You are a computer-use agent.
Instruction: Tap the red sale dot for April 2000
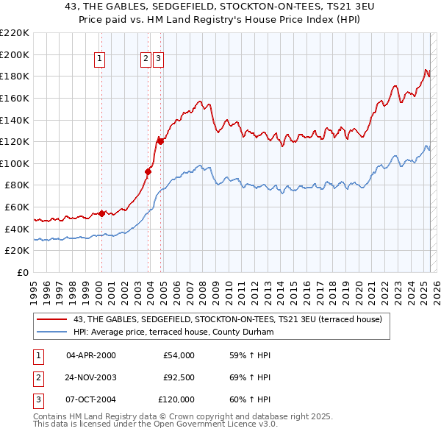click(x=101, y=213)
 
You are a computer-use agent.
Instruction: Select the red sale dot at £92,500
click(x=148, y=171)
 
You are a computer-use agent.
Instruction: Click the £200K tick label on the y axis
click(x=15, y=54)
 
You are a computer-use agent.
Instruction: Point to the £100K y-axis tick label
click(x=15, y=163)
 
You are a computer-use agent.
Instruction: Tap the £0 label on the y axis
click(x=22, y=273)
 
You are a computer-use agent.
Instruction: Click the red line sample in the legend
click(x=52, y=319)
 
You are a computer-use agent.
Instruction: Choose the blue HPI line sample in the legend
click(x=52, y=332)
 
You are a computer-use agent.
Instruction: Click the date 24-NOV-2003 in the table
click(x=91, y=377)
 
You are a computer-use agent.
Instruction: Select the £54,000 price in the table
click(x=179, y=355)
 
